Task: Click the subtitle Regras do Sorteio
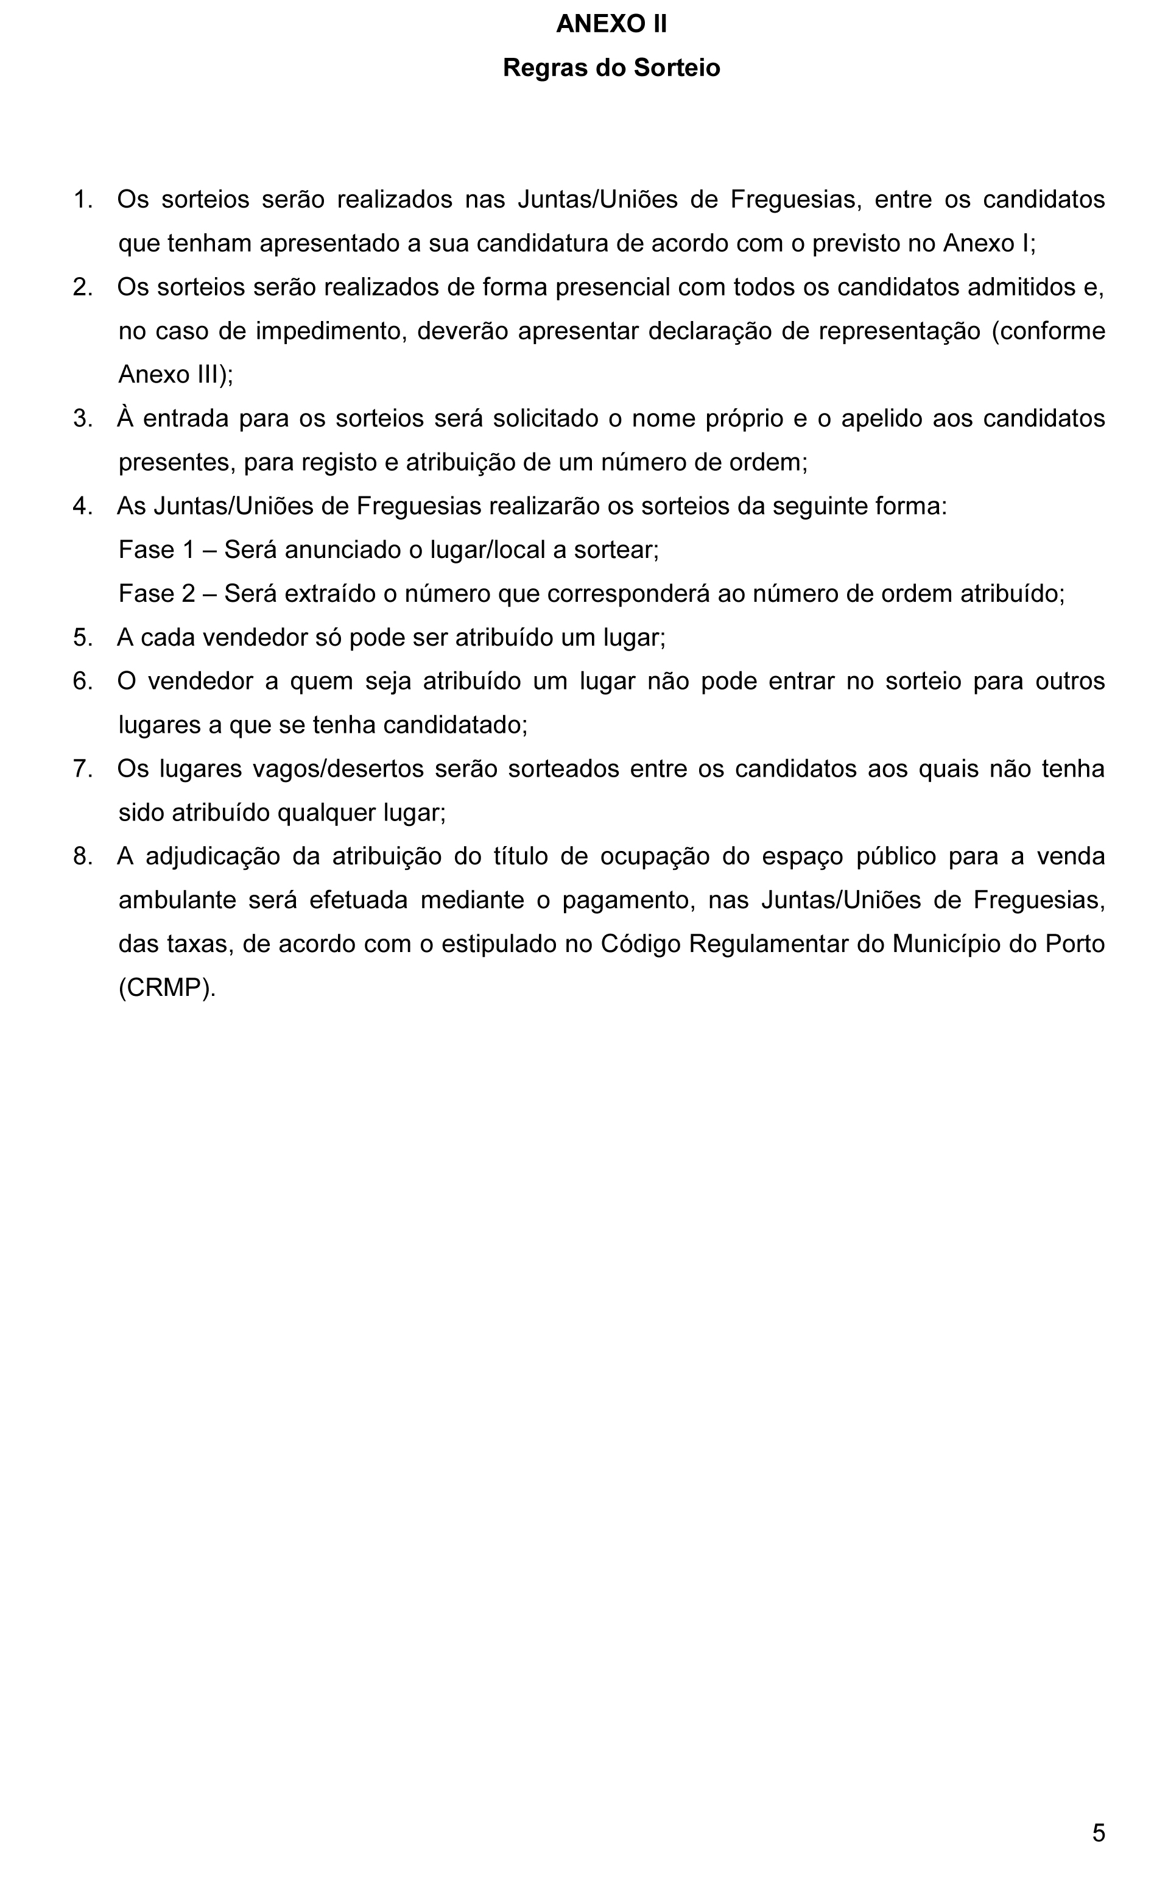611,68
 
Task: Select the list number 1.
82,199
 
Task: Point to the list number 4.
82,506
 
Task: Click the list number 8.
82,856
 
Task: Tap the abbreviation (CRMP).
167,987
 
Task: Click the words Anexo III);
175,375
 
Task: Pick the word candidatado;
455,725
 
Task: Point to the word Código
639,944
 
